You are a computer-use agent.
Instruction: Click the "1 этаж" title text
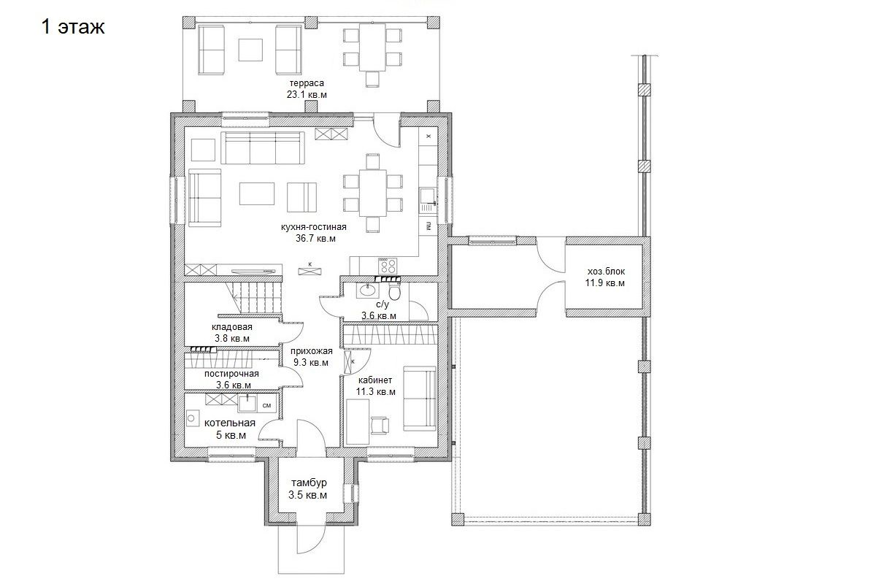[73, 27]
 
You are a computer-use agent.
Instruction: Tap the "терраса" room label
[307, 83]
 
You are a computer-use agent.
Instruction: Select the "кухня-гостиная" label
[314, 227]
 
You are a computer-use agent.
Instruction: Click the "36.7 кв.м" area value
[315, 238]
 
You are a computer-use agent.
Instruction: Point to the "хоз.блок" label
[606, 271]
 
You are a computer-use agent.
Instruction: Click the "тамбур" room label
[309, 483]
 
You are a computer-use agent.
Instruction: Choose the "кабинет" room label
[375, 380]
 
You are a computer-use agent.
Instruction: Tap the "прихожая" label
[311, 351]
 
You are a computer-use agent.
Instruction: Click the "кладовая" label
[232, 326]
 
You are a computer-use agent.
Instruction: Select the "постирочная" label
[231, 374]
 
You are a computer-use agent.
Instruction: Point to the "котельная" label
[229, 423]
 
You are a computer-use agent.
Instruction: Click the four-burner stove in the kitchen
[388, 266]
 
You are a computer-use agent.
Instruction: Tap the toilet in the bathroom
[394, 291]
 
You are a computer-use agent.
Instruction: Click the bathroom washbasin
[367, 290]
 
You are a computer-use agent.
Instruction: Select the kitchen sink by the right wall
[428, 200]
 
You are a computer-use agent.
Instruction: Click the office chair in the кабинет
[380, 425]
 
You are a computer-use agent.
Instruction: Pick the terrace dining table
[372, 47]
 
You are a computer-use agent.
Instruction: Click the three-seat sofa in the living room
[262, 148]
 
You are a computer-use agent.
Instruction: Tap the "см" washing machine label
[266, 405]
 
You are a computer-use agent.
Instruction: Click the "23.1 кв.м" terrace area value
[307, 95]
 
